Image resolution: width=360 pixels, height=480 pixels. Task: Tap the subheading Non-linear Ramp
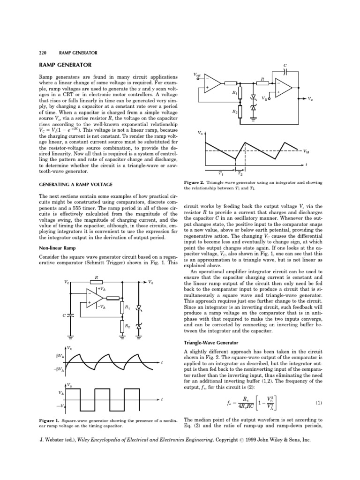[x=58, y=247]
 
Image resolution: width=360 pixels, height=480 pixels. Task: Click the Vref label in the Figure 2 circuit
[x=197, y=74]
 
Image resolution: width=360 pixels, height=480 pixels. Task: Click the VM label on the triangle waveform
[x=306, y=151]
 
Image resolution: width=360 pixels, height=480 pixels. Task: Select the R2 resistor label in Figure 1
[x=127, y=324]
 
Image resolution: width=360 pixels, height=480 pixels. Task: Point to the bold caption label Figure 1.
[x=51, y=420]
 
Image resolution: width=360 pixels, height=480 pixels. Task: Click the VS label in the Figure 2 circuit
[x=265, y=99]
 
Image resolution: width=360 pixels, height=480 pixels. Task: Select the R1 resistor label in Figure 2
[x=235, y=93]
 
